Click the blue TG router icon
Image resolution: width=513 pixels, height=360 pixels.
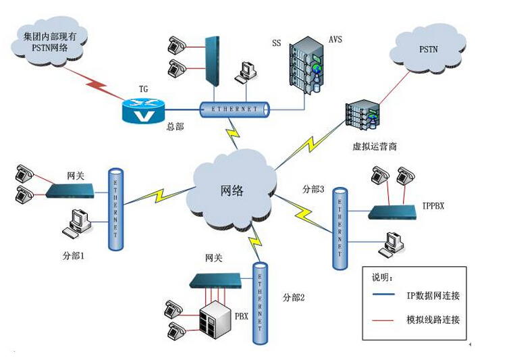coord(144,110)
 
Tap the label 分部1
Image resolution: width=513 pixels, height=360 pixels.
coord(74,257)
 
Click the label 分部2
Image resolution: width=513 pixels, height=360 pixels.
coord(294,297)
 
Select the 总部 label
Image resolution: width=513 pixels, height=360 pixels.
coord(175,126)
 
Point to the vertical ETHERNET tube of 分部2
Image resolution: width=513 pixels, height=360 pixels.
coord(259,301)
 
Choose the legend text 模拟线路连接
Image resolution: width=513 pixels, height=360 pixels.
coord(436,319)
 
